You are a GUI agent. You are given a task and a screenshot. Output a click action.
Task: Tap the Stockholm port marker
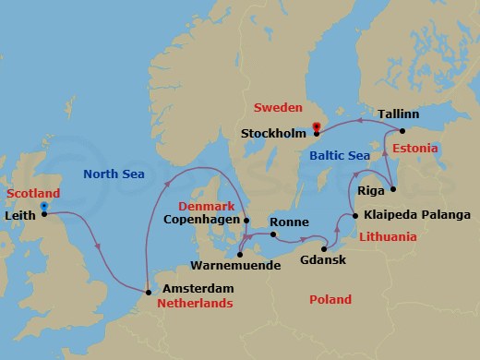tap(316, 133)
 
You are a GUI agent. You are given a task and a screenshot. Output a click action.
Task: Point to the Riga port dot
tap(392, 189)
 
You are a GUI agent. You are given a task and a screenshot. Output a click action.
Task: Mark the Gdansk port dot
tap(324, 249)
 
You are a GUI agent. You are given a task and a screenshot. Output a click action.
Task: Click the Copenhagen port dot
tap(246, 220)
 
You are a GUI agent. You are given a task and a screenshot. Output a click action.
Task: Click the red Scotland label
tap(33, 193)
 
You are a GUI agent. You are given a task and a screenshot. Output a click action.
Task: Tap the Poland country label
tap(330, 300)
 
